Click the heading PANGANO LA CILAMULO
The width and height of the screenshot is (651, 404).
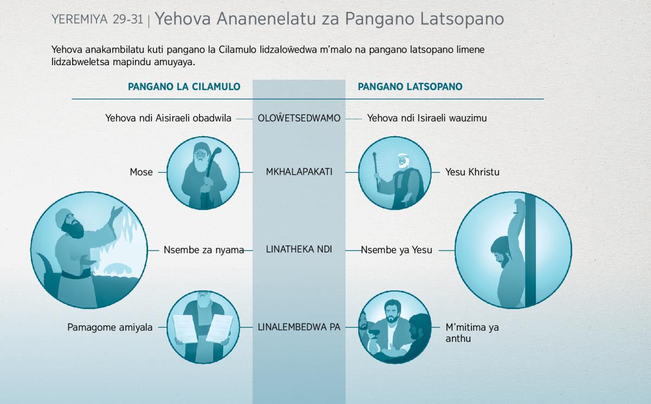184,87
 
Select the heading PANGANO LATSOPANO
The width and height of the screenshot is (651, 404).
410,87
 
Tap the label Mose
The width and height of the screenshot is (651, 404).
141,172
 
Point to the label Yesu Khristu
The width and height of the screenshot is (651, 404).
473,172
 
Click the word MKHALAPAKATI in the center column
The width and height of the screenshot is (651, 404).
299,172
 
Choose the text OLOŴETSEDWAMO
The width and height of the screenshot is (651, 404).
299,117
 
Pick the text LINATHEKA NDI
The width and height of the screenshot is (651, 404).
299,250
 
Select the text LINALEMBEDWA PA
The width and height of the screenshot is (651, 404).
299,327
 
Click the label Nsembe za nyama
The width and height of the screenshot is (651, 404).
204,250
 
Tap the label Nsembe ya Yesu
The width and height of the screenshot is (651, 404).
397,250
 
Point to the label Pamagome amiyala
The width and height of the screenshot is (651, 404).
110,327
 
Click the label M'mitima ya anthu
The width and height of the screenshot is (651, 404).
472,333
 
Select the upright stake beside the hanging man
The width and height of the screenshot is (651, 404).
530,250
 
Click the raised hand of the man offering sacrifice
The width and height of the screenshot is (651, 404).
117,212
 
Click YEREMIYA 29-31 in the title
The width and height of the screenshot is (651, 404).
97,20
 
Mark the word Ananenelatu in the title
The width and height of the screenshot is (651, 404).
266,19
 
